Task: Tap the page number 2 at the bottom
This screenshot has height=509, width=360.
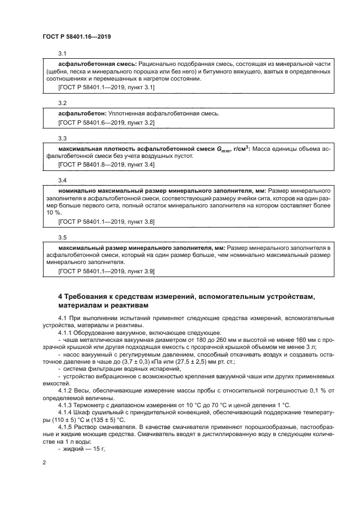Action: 44,462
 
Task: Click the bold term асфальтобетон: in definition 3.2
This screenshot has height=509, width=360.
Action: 82,113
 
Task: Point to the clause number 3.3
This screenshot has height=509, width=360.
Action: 62,138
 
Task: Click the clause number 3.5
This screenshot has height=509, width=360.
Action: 62,237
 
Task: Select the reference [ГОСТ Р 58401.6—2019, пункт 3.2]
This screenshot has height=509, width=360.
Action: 106,123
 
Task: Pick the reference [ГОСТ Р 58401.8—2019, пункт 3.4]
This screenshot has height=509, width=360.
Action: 106,164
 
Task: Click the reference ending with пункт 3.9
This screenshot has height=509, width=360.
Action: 106,271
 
